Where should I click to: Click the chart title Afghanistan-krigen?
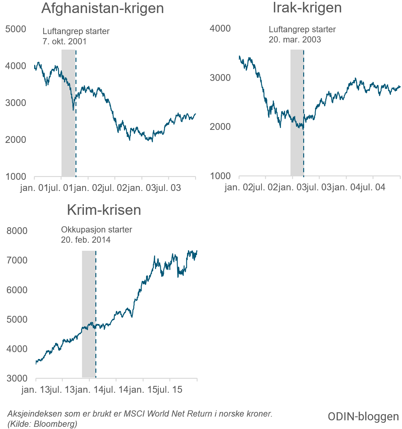pos(103,8)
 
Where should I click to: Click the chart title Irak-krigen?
pos(307,8)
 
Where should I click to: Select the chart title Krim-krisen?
pos(104,210)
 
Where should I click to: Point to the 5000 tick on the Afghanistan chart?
pos(16,29)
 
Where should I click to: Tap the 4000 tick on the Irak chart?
pos(220,29)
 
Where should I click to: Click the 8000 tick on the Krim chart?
pos(17,231)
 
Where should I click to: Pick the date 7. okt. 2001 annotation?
pos(65,41)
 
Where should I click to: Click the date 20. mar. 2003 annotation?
pos(295,40)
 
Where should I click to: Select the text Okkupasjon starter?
pos(97,230)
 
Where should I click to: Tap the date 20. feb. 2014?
pos(86,240)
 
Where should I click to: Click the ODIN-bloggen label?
pos(363,417)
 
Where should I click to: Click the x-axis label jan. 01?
pos(34,188)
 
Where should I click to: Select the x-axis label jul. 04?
pos(373,187)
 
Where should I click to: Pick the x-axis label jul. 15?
pos(170,390)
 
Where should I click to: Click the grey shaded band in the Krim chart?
pos(89,313)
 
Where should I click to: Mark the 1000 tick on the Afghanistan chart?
pos(16,177)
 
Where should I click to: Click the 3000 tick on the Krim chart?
pos(17,378)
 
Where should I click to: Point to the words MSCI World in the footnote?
pos(146,414)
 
